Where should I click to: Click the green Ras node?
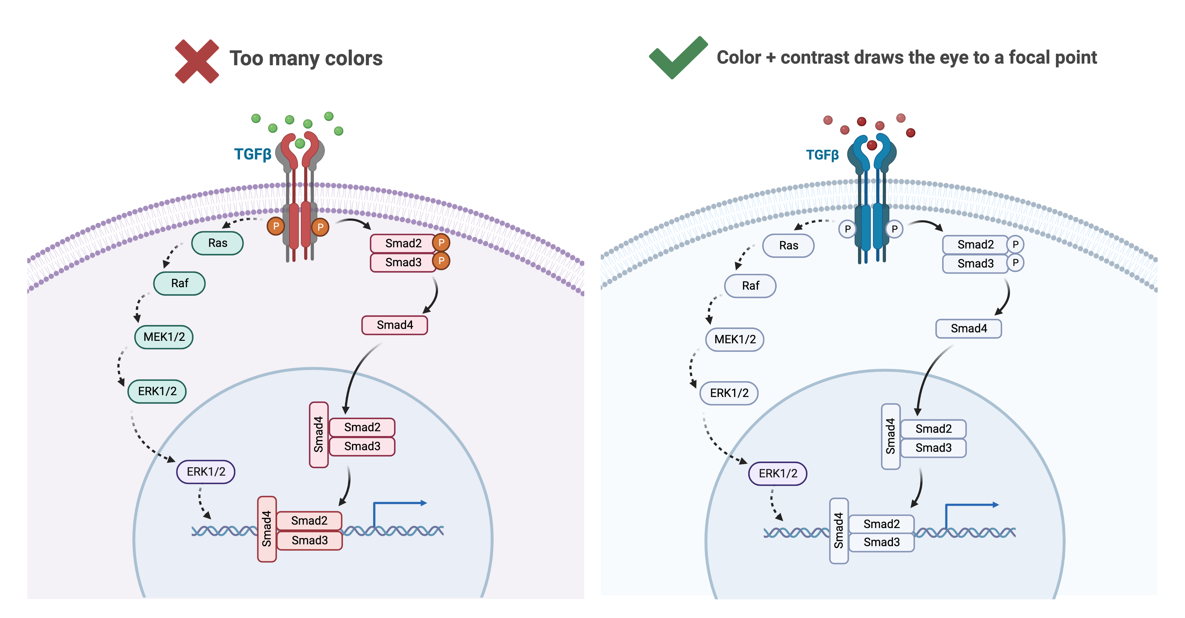[x=217, y=243]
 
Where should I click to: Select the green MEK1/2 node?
[x=164, y=337]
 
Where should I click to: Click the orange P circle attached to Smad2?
[x=441, y=242]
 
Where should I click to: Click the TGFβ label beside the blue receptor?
[x=822, y=155]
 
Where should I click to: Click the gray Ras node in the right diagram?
[x=788, y=246]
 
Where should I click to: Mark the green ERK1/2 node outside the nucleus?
[x=157, y=391]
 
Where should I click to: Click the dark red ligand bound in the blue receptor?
[x=871, y=145]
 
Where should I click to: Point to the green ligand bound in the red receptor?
[x=300, y=143]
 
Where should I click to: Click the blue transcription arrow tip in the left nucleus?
[x=424, y=503]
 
